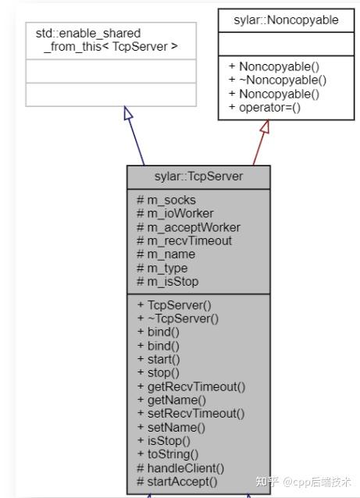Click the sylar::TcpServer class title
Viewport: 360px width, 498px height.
pyautogui.click(x=198, y=176)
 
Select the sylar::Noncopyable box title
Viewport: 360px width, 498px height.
pyautogui.click(x=286, y=20)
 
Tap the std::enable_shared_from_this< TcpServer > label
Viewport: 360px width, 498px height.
pyautogui.click(x=107, y=40)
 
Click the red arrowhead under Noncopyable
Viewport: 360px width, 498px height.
pyautogui.click(x=265, y=126)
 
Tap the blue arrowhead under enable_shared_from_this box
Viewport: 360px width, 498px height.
pyautogui.click(x=128, y=113)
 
